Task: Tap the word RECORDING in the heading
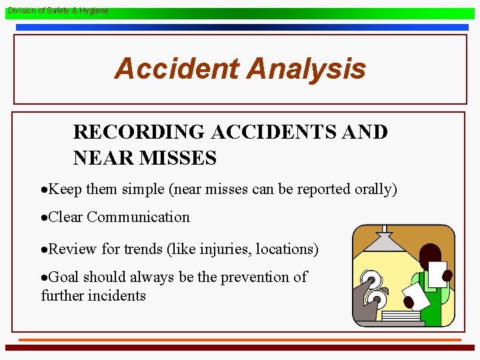coord(140,132)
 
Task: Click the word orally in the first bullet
coord(373,189)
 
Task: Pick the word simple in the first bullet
coord(143,189)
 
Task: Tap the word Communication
coord(138,217)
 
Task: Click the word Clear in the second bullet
coord(66,217)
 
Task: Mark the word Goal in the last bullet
coord(64,277)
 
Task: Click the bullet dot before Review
coord(44,249)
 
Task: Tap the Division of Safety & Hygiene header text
coord(57,11)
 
